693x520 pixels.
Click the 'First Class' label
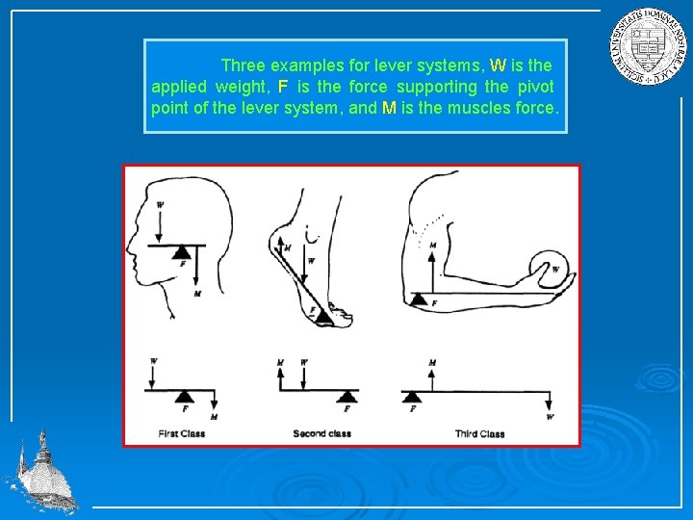181,434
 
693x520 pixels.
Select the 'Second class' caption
321,434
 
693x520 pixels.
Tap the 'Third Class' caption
479,434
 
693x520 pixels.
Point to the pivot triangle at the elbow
419,299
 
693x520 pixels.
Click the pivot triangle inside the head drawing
180,251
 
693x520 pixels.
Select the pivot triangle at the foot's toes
324,314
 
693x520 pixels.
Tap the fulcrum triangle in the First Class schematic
184,397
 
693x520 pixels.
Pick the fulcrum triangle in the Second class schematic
347,397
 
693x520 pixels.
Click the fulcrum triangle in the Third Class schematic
412,397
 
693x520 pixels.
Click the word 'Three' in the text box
244,66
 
